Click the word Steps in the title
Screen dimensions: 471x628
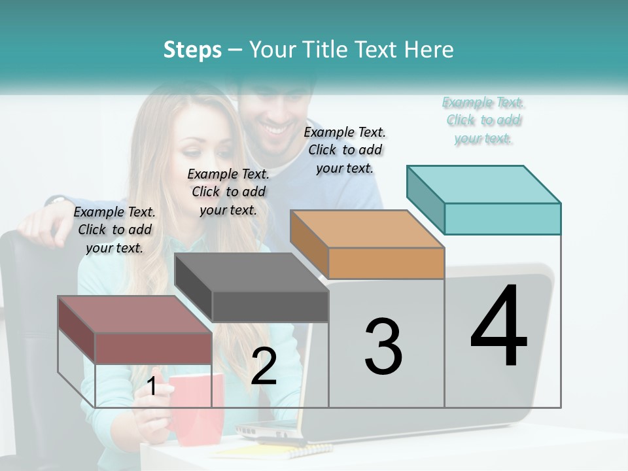point(192,50)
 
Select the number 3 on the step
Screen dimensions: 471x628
point(383,347)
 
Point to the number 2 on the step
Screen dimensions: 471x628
point(264,366)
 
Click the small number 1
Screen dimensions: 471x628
point(152,387)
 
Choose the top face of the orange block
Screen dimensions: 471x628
point(367,229)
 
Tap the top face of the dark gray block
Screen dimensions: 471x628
point(251,272)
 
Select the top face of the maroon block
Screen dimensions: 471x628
point(135,314)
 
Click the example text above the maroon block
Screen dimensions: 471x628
point(114,230)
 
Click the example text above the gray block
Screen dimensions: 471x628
point(228,192)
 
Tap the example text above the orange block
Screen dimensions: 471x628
point(345,150)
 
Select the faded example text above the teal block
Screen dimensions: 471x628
point(483,120)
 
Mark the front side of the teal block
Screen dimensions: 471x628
point(502,218)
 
